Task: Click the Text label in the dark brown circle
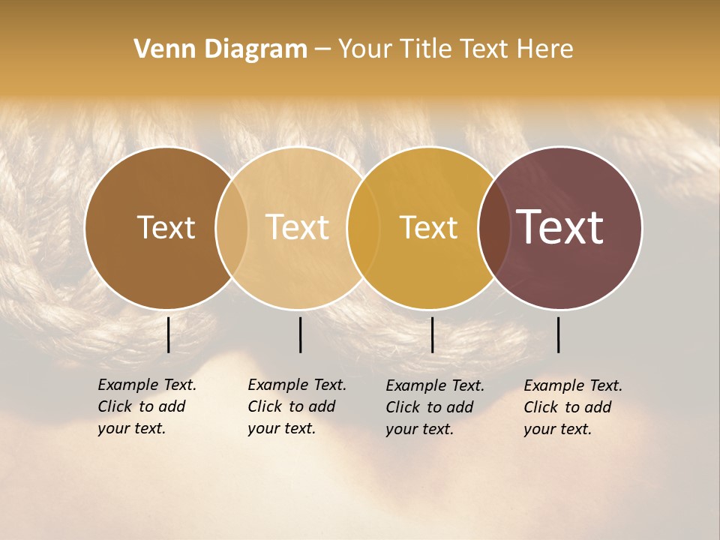point(166,227)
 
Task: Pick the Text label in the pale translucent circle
point(297,227)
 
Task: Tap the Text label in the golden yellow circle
point(428,227)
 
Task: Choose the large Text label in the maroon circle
point(560,227)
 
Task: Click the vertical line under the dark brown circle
point(169,334)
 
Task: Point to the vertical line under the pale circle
point(300,334)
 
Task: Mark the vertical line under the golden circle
point(432,334)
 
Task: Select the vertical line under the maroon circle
point(559,334)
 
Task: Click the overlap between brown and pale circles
point(232,228)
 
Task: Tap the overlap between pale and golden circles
point(363,228)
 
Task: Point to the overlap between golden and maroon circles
point(494,228)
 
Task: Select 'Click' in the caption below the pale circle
point(265,406)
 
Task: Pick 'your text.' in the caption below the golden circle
point(420,429)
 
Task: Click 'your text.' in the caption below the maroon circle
point(558,429)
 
